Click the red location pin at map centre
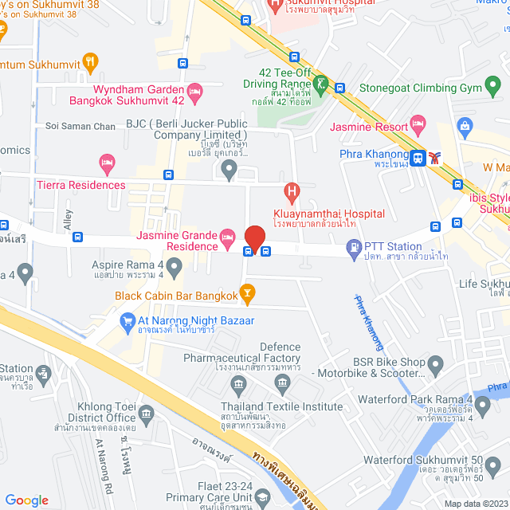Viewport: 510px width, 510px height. point(254,238)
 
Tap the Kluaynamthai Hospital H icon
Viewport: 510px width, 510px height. point(292,192)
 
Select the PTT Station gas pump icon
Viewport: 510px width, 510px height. point(353,250)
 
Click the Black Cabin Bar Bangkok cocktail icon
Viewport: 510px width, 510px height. point(247,295)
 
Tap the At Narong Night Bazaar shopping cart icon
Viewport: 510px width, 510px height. point(126,321)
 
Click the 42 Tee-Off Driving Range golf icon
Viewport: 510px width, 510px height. point(320,82)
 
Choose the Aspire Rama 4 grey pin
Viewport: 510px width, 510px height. point(25,274)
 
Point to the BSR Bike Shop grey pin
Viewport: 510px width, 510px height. point(435,366)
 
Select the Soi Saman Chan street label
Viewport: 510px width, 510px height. point(80,126)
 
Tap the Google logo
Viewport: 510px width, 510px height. point(26,500)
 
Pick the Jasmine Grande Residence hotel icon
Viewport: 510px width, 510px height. point(227,236)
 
